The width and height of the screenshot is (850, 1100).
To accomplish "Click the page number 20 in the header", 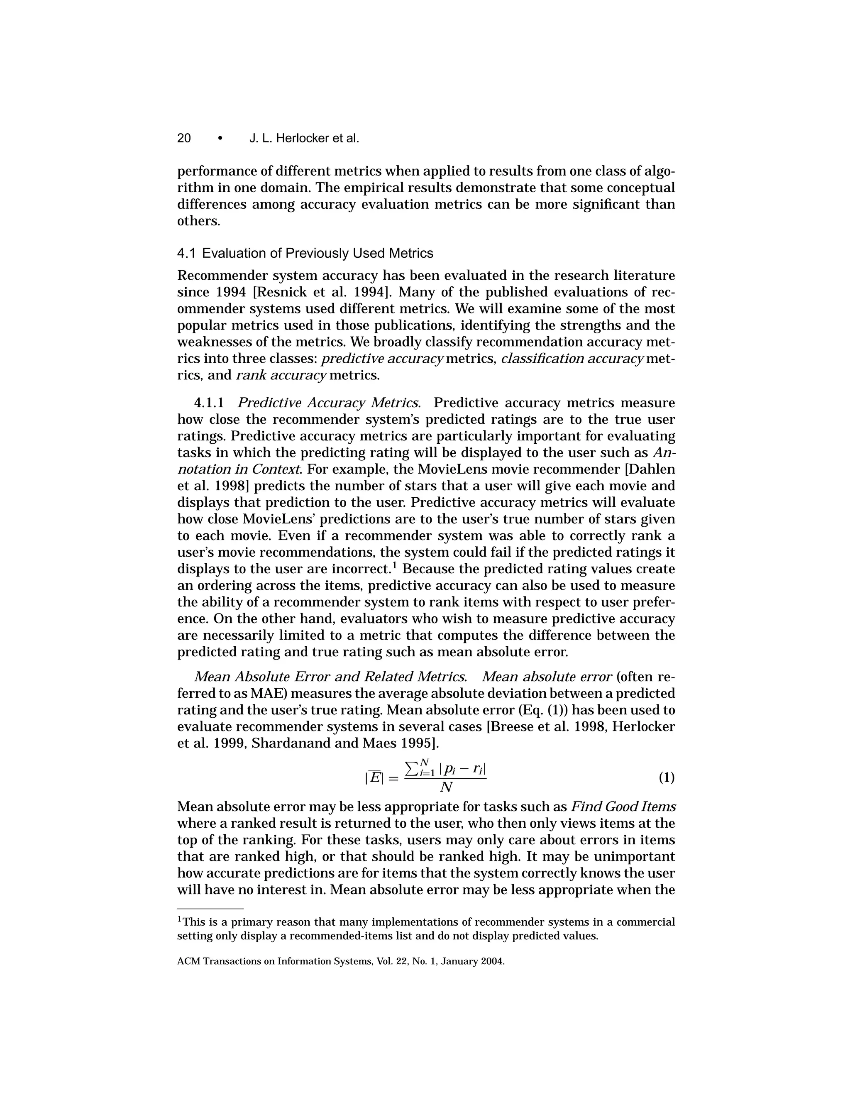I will point(184,139).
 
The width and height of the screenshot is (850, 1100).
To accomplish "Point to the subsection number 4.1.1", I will point(208,403).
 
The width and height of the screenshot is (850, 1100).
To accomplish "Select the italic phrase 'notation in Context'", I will point(240,469).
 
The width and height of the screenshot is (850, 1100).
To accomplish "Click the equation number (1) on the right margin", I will point(666,777).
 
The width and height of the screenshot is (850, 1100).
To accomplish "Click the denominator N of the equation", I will point(446,787).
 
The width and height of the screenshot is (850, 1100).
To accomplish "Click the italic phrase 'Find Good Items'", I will point(623,807).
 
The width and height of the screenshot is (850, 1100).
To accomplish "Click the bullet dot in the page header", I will point(220,139).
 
